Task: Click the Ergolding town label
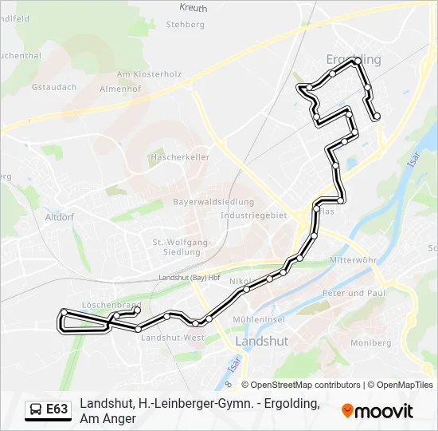(354, 60)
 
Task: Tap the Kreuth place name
(193, 9)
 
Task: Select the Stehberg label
(185, 25)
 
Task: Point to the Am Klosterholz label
(149, 74)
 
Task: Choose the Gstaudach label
(53, 86)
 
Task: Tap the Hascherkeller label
(179, 157)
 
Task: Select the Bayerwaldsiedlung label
(213, 203)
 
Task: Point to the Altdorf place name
(60, 216)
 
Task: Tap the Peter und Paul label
(354, 294)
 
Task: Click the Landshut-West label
(172, 338)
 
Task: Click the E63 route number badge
(57, 409)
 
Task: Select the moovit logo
(377, 411)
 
